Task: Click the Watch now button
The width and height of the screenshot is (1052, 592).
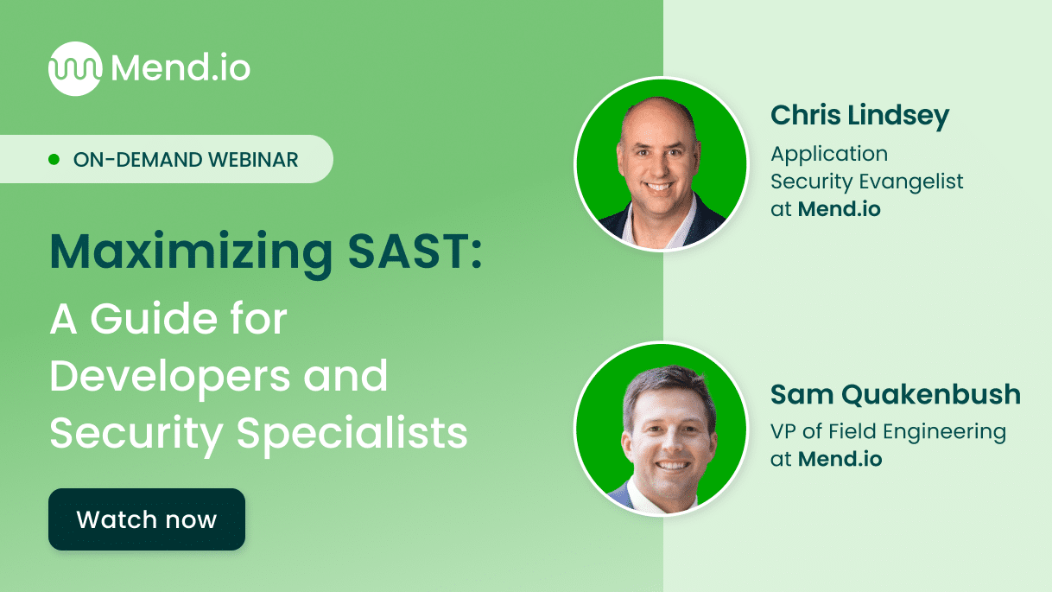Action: (x=147, y=519)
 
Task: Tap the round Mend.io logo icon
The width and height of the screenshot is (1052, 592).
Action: (x=74, y=68)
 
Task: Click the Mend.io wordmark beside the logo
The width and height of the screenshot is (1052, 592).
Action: (x=181, y=67)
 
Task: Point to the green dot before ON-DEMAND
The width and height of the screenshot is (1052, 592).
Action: (x=54, y=160)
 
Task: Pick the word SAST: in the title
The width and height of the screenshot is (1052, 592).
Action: (x=412, y=251)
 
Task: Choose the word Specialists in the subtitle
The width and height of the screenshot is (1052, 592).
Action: (x=352, y=433)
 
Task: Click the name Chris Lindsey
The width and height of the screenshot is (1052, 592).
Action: (x=859, y=115)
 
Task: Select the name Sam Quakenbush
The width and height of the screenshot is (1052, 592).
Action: (x=896, y=395)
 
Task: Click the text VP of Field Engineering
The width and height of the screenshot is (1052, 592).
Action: (x=888, y=431)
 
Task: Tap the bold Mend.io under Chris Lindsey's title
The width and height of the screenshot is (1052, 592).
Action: (x=839, y=208)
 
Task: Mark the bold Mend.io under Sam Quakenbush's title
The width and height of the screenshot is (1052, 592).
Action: (x=840, y=459)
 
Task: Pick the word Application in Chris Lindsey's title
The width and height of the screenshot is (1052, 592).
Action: (x=829, y=154)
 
